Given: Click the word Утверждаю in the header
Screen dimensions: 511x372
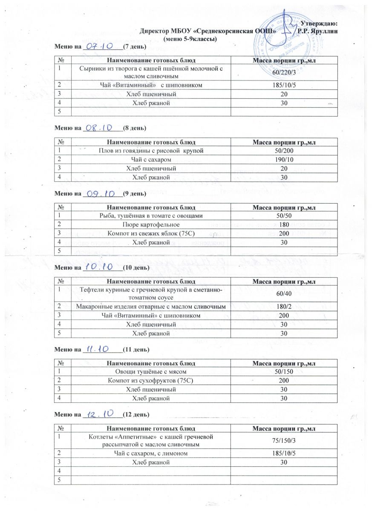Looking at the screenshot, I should pos(319,23).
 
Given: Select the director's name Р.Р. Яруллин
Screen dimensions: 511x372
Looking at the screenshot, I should pos(318,31).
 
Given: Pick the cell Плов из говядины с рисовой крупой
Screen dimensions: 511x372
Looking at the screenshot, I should pos(151,151).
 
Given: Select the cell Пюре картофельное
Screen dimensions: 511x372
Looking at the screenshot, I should pos(151,224).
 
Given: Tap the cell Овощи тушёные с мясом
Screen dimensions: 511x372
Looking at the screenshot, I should pos(151,371).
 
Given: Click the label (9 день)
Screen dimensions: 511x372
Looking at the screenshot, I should pos(134,194).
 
